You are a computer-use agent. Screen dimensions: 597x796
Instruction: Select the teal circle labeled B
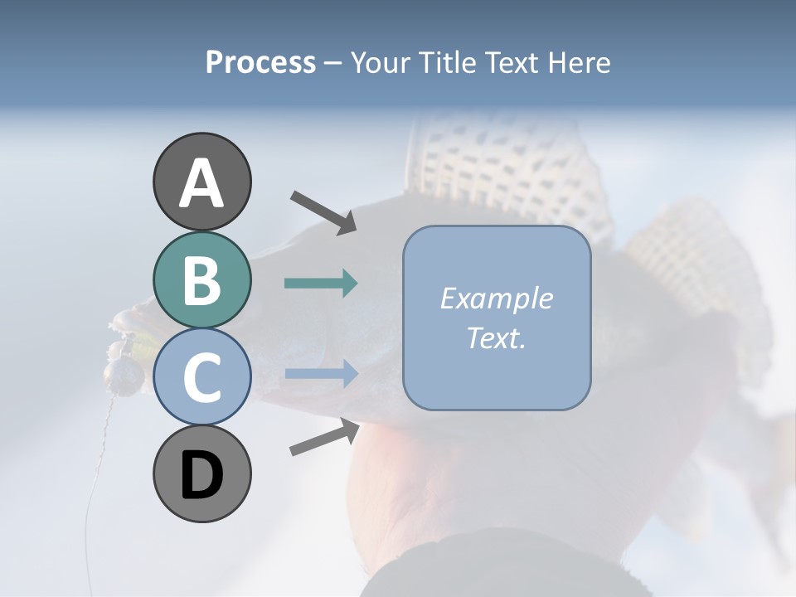click(201, 280)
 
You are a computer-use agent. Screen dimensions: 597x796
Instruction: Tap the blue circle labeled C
click(201, 377)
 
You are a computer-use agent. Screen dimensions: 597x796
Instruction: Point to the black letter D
click(201, 476)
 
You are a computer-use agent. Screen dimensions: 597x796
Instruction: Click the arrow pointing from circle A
click(323, 211)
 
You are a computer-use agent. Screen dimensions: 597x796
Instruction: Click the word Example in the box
click(496, 298)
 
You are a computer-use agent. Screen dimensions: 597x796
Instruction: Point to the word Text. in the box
click(496, 338)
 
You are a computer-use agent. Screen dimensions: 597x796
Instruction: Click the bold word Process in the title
click(260, 63)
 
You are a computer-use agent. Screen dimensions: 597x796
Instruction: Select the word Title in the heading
click(445, 63)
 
